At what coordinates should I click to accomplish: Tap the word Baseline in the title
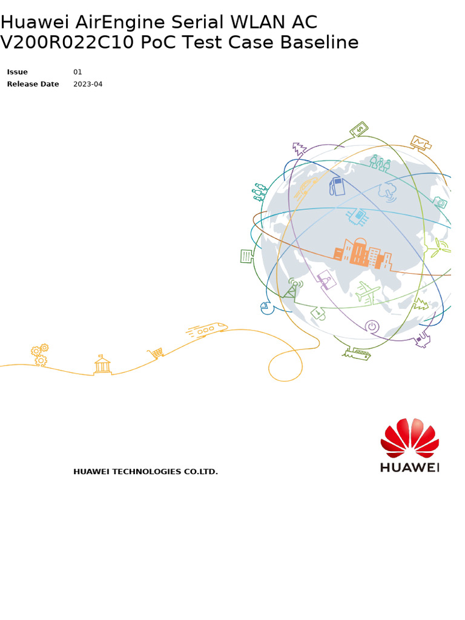tap(320, 42)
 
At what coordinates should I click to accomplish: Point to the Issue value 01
tap(77, 72)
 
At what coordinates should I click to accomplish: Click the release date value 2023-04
tap(88, 84)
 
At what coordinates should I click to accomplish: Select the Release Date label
tap(33, 84)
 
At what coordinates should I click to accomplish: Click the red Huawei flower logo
tap(410, 438)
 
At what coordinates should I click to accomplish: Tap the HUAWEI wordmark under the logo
tap(410, 467)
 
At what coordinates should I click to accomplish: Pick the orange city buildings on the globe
tap(363, 254)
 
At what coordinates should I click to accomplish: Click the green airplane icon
tap(368, 292)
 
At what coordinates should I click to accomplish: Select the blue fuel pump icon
tap(337, 186)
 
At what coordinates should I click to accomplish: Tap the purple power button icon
tap(372, 326)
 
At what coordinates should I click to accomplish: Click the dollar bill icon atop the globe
tap(359, 130)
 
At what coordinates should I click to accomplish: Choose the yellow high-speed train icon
tap(206, 329)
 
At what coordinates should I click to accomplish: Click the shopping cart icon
tap(156, 353)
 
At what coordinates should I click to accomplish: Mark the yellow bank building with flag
tap(102, 364)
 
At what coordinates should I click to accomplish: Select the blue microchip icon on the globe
tap(358, 216)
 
